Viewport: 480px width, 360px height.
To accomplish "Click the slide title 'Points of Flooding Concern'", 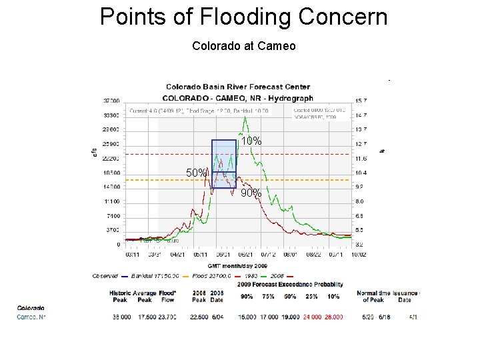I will pos(243,17).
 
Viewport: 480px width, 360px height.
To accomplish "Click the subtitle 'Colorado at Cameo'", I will pos(243,46).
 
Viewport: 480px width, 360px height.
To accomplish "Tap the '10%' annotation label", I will pos(251,141).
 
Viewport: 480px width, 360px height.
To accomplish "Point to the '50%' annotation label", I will pos(197,173).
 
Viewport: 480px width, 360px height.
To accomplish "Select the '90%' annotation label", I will pos(251,193).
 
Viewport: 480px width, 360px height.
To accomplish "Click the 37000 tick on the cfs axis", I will pos(111,101).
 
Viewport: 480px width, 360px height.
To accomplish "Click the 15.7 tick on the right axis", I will pos(361,101).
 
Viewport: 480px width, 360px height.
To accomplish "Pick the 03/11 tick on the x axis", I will pos(133,254).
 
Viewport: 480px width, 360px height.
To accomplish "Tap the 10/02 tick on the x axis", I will pos(359,254).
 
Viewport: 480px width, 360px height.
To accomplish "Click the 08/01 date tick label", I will pos(291,254).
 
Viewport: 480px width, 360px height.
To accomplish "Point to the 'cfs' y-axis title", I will pos(95,153).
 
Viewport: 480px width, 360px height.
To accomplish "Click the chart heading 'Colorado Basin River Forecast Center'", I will pos(237,87).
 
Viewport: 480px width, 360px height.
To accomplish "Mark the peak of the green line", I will pos(245,117).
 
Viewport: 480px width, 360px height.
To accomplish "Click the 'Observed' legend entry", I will pos(105,276).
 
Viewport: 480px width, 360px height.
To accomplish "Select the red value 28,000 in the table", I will pos(333,317).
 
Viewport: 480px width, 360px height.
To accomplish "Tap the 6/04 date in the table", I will pos(217,317).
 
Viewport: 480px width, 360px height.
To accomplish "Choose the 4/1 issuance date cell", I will pos(413,317).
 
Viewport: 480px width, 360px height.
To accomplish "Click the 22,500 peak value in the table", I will pos(199,317).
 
